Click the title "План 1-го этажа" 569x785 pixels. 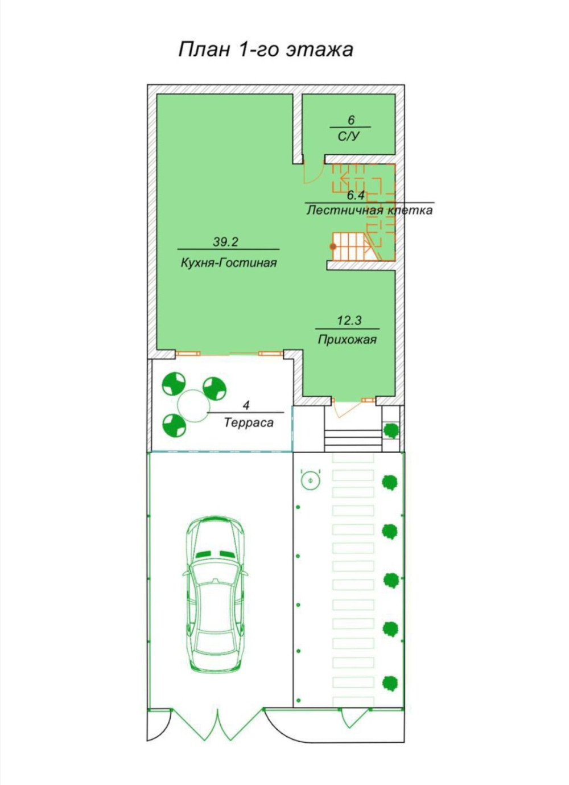266,50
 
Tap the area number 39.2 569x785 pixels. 225,242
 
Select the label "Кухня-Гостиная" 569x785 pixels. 229,262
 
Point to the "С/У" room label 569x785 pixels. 349,136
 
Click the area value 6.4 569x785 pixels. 355,195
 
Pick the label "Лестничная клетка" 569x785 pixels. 369,210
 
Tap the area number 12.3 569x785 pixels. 349,320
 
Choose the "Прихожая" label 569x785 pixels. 347,340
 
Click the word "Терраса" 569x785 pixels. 249,423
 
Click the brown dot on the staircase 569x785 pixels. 333,246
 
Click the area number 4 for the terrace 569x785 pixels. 246,406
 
